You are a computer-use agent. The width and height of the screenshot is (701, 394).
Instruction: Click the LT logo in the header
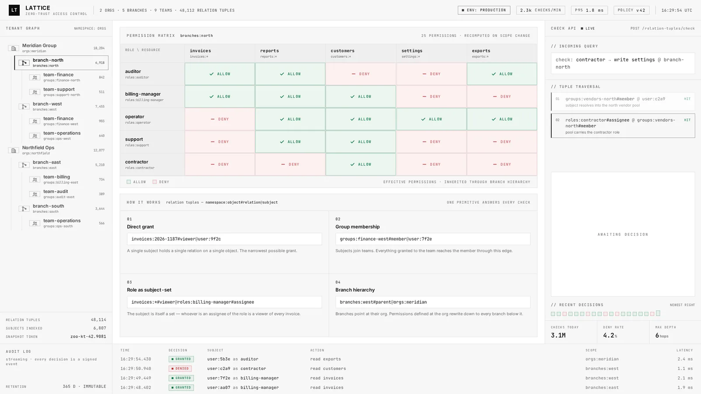pyautogui.click(x=14, y=10)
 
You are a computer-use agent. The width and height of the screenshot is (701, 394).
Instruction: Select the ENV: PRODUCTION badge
pyautogui.click(x=484, y=10)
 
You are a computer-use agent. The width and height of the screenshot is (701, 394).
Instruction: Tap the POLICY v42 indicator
pyautogui.click(x=631, y=10)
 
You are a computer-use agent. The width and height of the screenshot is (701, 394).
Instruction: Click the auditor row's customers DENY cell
pyautogui.click(x=361, y=74)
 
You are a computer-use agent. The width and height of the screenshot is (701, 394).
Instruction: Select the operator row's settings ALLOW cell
pyautogui.click(x=431, y=119)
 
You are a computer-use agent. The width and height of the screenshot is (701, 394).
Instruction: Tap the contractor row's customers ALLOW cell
pyautogui.click(x=361, y=164)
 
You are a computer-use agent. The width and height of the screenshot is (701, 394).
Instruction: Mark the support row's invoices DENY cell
pyautogui.click(x=220, y=142)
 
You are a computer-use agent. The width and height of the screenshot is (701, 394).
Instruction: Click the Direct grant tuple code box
pyautogui.click(x=224, y=239)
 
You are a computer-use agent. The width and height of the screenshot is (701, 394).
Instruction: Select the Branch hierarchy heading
pyautogui.click(x=355, y=290)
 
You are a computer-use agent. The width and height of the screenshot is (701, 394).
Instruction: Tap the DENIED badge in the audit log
pyautogui.click(x=181, y=368)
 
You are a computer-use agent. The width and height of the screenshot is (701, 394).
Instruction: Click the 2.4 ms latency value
pyautogui.click(x=685, y=359)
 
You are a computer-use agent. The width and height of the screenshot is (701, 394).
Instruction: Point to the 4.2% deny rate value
pyautogui.click(x=610, y=335)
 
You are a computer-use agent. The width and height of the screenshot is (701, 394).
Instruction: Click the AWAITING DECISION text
pyautogui.click(x=623, y=234)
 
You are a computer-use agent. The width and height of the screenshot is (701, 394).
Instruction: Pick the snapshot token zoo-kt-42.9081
pyautogui.click(x=88, y=337)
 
